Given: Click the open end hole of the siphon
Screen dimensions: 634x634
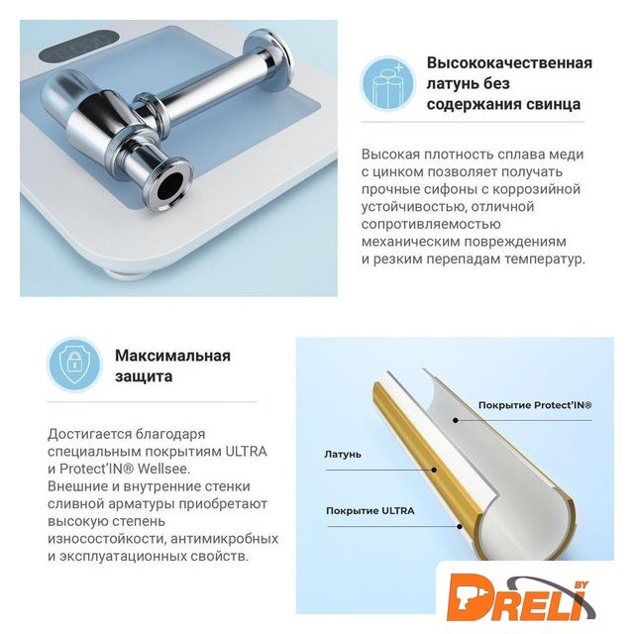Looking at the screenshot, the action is pos(171,184).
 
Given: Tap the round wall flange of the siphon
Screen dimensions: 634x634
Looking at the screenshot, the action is pos(267,59).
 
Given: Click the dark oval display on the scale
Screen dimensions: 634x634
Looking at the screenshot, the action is pos(81,46).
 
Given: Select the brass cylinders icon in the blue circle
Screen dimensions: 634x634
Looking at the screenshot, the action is pos(387,84).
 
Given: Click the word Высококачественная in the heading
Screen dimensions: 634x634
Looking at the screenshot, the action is pos(509,63).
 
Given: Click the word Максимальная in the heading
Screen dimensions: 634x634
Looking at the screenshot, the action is pos(172,356).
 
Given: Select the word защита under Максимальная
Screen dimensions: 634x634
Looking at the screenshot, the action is pos(144,376).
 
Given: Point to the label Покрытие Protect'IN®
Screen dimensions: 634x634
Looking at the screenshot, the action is pos(535,405).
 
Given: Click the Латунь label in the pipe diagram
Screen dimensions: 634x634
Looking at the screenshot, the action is pos(343,455).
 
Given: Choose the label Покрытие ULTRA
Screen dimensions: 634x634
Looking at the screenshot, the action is pos(370,511).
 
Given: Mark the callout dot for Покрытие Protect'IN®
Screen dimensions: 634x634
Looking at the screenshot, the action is pos(456,420).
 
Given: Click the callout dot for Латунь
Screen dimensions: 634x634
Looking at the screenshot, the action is pos(434,471).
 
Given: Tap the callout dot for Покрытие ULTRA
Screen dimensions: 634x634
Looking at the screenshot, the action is pos(460,526).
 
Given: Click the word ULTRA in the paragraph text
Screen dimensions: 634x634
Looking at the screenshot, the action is pos(247,452).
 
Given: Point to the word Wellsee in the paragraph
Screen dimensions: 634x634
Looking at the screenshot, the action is pos(162,469).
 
